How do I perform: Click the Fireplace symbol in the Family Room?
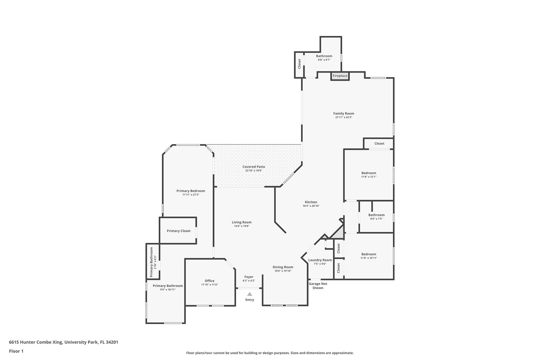340,76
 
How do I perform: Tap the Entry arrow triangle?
250,294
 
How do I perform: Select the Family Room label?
343,113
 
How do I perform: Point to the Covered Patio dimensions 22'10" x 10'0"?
254,171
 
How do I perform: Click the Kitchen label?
311,202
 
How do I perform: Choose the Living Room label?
241,222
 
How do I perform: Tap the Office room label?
209,281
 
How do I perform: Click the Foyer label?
249,277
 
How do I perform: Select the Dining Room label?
283,267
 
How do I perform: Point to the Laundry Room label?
320,260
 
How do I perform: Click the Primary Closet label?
178,231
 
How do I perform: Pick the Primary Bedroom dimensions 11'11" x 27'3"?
191,195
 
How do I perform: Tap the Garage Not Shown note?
318,286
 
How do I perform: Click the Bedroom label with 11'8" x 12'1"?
369,173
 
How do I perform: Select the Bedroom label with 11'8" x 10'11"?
369,254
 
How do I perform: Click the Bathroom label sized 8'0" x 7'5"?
376,215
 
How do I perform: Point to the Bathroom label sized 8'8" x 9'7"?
324,56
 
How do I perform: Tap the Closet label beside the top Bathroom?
299,64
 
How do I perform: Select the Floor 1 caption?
16,351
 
